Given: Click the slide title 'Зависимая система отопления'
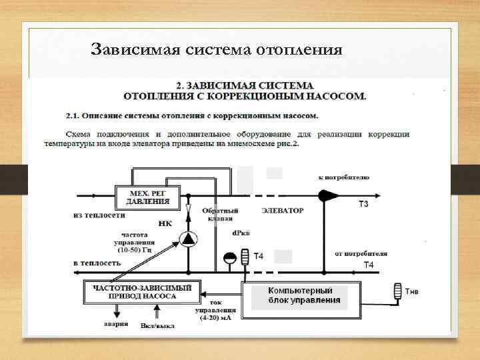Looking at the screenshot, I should coord(217,49).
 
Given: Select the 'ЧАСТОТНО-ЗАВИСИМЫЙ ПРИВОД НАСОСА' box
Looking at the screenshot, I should coord(141,292).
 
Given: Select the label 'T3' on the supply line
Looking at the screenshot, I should coord(363,203).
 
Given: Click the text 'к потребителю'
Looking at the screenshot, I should coord(344,177).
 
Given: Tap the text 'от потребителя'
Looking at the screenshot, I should coord(361,254).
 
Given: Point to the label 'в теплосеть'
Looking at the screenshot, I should coord(97,263).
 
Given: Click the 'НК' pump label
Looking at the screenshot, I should coord(165,223).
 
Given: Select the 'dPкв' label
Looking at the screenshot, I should coord(241,233).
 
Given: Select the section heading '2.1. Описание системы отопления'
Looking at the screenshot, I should coord(192,115).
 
